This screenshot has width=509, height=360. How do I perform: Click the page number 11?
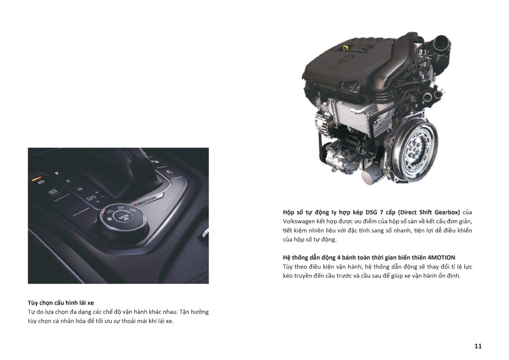pyautogui.click(x=478, y=346)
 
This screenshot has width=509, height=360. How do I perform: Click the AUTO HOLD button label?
pyautogui.click(x=53, y=192)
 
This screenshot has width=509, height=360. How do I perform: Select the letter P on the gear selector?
pyautogui.click(x=56, y=173)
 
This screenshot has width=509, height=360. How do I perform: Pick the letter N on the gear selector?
pyautogui.click(x=80, y=189)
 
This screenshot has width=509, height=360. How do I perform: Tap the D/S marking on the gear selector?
pyautogui.click(x=92, y=197)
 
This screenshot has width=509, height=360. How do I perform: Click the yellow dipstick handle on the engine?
pyautogui.click(x=346, y=48)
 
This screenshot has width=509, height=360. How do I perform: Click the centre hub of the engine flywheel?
pyautogui.click(x=415, y=148)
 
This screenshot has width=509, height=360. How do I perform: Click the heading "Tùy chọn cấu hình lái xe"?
pyautogui.click(x=61, y=302)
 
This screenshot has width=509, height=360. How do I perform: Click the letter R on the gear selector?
pyautogui.click(x=68, y=181)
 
